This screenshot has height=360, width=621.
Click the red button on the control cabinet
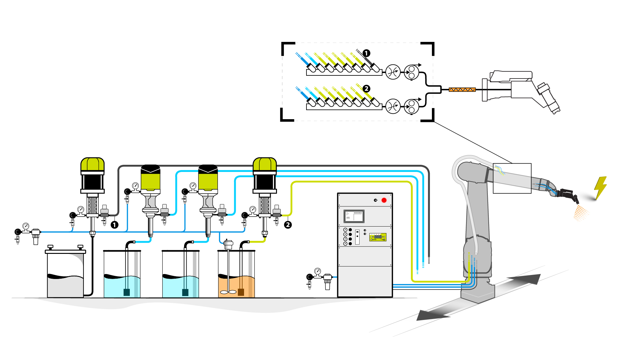(384, 200)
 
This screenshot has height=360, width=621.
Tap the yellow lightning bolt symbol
(601, 187)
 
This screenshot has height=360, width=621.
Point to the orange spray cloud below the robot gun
(581, 214)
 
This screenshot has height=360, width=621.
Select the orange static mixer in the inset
(462, 90)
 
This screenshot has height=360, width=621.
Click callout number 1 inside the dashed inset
(366, 53)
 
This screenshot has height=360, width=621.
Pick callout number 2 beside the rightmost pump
(288, 225)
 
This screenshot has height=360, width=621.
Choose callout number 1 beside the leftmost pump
(115, 225)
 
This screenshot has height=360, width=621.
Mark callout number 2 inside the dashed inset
(366, 89)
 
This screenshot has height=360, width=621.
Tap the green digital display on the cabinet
(378, 237)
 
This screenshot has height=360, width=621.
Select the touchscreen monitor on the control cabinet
(354, 216)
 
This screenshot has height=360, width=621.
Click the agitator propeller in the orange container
(228, 292)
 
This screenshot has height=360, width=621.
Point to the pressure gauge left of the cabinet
(317, 271)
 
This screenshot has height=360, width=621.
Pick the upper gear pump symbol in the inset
(411, 72)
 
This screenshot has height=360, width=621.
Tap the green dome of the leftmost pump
(93, 164)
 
